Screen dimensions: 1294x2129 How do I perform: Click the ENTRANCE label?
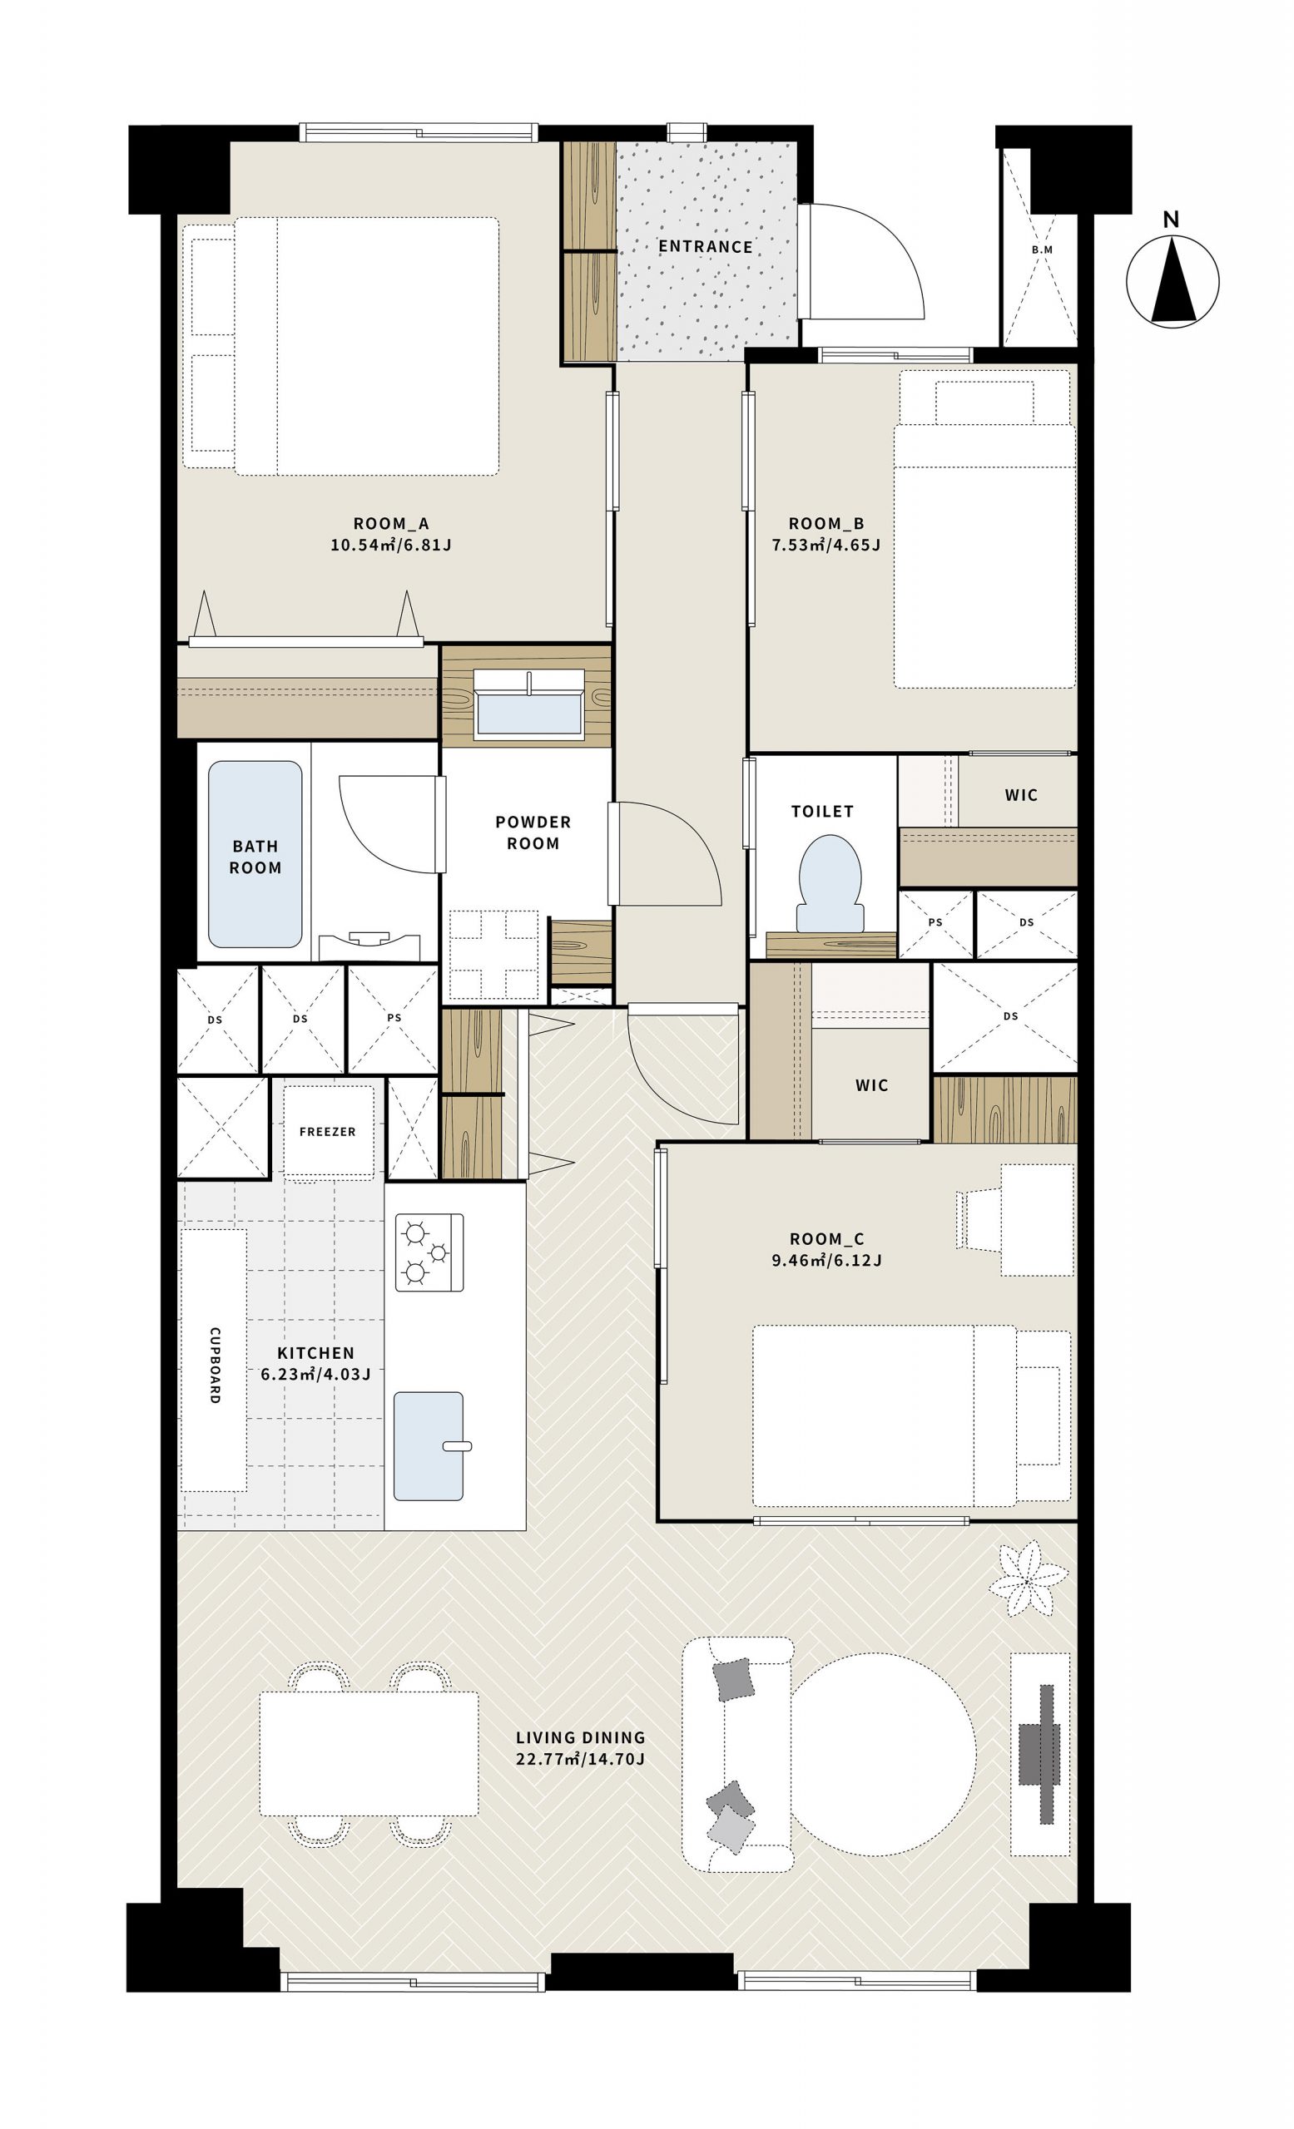click(x=705, y=246)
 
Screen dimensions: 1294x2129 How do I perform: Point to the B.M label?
click(x=1042, y=249)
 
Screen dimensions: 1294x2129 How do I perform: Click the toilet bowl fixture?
click(x=829, y=882)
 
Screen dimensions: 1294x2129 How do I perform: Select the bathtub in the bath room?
click(x=255, y=853)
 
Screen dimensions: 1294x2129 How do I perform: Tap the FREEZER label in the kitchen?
click(x=328, y=1131)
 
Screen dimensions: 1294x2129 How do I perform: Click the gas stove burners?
click(x=429, y=1252)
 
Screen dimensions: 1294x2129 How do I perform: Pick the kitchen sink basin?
click(x=429, y=1445)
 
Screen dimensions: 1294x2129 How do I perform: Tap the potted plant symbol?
click(x=1027, y=1579)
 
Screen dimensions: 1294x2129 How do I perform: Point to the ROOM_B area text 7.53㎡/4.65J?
click(x=825, y=546)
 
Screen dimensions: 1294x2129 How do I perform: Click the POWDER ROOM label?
click(x=533, y=832)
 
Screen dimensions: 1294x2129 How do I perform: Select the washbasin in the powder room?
click(x=528, y=705)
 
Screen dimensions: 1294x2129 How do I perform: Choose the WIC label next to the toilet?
click(x=1021, y=795)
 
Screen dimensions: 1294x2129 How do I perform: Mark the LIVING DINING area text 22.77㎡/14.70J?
click(x=580, y=1758)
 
